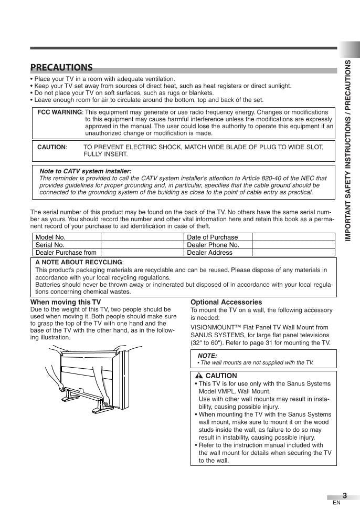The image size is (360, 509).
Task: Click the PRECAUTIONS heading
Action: tap(61, 67)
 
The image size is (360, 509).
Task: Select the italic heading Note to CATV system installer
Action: tap(85, 171)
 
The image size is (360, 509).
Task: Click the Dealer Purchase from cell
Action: tap(66, 253)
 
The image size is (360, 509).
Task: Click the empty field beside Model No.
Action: tap(142, 237)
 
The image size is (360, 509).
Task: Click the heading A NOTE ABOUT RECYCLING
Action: tap(79, 262)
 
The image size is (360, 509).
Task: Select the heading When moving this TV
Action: tap(66, 302)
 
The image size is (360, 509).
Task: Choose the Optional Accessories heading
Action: tap(226, 302)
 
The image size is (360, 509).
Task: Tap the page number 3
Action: tap(344, 495)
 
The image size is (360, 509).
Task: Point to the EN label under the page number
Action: tap(336, 503)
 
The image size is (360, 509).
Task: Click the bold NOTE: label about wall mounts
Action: tap(207, 356)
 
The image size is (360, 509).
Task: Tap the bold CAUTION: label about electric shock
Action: tap(52, 147)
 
